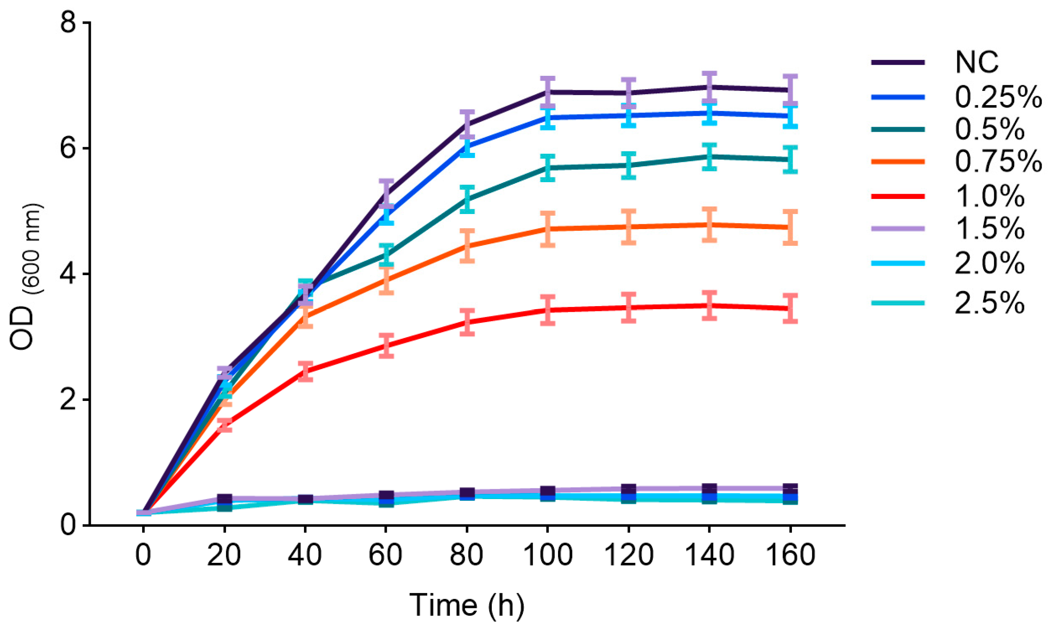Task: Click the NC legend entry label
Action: [x=976, y=62]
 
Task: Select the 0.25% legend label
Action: [x=998, y=97]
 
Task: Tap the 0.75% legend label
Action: [x=998, y=161]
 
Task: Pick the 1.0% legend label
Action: [x=989, y=196]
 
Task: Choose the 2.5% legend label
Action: [x=989, y=303]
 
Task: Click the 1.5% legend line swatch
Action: [x=898, y=229]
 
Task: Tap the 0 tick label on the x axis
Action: [x=143, y=555]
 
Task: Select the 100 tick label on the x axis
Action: [x=547, y=555]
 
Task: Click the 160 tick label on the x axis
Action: [x=790, y=555]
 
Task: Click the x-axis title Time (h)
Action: [x=467, y=606]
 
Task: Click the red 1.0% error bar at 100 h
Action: [x=548, y=310]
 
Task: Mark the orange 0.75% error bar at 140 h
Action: [x=709, y=225]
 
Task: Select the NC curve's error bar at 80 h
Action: [x=467, y=125]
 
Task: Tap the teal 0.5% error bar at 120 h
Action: [x=629, y=165]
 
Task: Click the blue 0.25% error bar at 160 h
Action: [x=790, y=116]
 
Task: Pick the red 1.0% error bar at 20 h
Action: [x=224, y=425]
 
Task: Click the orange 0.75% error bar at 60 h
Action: [x=387, y=280]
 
